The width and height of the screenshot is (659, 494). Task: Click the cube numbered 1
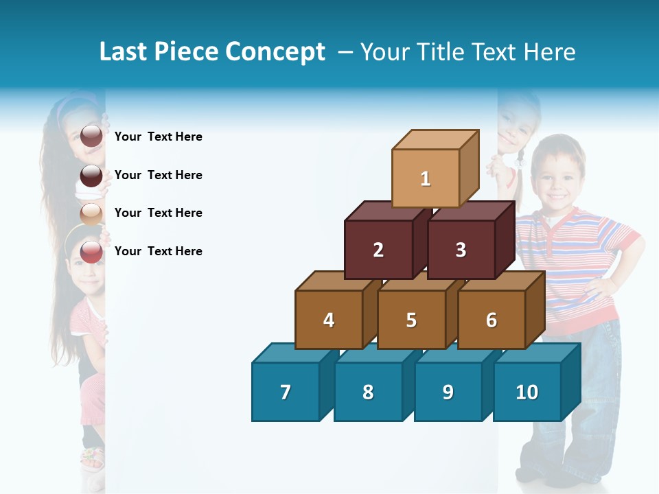(x=426, y=178)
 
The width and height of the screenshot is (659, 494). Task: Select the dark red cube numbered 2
(x=378, y=250)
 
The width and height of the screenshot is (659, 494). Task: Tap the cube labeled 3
(x=461, y=250)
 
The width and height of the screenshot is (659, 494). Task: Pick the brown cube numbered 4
(x=329, y=320)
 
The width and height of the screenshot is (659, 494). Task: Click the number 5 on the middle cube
(x=411, y=320)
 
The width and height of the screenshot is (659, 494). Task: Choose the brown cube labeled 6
(x=492, y=320)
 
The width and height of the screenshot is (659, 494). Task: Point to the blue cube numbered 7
(x=286, y=392)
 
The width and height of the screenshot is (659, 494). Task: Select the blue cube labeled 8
(x=368, y=392)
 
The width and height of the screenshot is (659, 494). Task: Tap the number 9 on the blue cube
(x=448, y=392)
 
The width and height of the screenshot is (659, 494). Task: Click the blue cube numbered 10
(x=527, y=392)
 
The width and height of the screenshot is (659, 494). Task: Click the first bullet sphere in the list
(x=91, y=137)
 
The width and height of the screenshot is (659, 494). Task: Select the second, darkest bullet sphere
(x=91, y=175)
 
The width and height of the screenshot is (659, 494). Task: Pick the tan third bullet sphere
(x=91, y=213)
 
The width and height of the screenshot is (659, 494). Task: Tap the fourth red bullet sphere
(x=91, y=251)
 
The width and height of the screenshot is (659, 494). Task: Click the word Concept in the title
(x=275, y=52)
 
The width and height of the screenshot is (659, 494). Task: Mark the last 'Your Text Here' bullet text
(x=159, y=251)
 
